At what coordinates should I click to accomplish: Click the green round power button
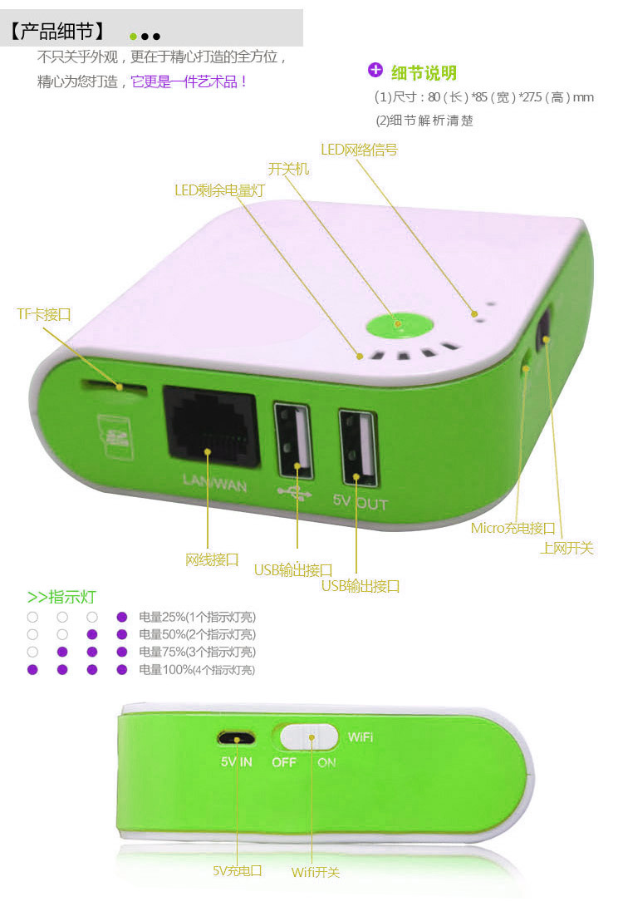click(400, 325)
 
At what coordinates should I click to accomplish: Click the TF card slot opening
click(115, 387)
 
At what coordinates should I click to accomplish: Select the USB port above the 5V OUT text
click(358, 447)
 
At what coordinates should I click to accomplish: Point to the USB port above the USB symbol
click(293, 439)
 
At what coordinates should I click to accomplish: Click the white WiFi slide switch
click(309, 737)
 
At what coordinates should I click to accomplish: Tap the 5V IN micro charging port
click(236, 738)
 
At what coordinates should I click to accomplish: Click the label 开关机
click(288, 170)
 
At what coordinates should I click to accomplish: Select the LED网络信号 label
click(359, 150)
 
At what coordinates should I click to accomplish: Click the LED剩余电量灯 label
click(219, 190)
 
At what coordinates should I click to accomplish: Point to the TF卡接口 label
click(44, 314)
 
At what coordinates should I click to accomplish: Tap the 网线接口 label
click(212, 559)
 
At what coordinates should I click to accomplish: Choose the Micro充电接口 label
click(513, 528)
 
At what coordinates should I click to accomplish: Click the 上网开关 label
click(567, 548)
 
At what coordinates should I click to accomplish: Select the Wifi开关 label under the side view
click(316, 872)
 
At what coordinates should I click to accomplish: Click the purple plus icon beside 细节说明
click(375, 70)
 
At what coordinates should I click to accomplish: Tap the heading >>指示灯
click(61, 597)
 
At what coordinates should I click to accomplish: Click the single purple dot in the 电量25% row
click(121, 617)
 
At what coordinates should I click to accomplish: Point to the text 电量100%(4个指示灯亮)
click(197, 670)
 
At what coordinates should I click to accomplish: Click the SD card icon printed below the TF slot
click(115, 436)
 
